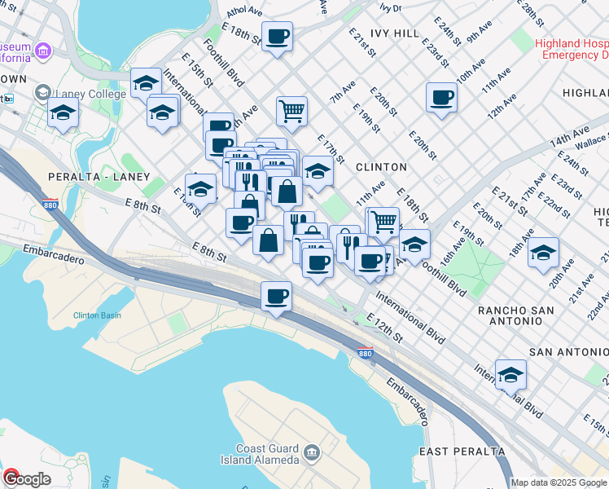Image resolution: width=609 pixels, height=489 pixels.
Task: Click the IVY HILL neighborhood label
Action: point(395,33)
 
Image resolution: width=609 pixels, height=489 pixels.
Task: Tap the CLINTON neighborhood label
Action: point(381,167)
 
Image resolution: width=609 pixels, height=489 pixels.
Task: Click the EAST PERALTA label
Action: point(462,451)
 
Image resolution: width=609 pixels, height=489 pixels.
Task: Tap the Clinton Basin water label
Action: point(97,315)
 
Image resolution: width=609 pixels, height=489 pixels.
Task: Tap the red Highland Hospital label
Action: point(572,49)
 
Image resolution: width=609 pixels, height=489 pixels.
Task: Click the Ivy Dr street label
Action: point(391,7)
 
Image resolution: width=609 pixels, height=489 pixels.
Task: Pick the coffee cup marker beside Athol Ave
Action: point(277,37)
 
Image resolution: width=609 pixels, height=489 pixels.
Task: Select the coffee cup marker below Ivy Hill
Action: point(441,98)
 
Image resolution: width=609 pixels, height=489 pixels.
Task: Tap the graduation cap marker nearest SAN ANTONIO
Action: point(510,375)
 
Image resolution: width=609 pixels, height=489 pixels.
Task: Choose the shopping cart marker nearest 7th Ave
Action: point(291,110)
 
